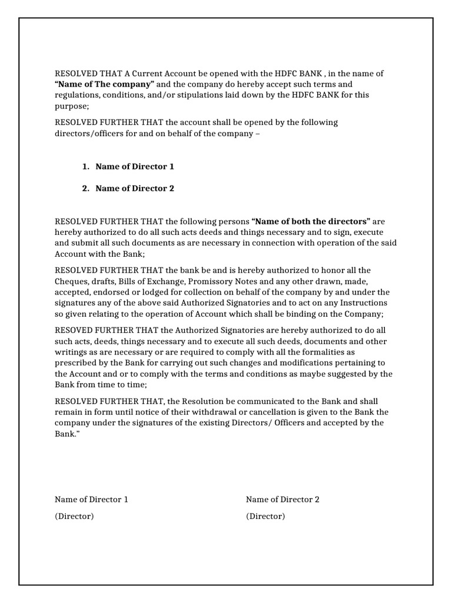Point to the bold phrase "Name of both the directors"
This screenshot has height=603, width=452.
311,221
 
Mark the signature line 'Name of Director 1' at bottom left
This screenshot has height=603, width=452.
91,499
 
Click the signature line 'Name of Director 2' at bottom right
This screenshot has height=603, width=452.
282,499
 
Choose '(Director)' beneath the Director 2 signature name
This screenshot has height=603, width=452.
265,516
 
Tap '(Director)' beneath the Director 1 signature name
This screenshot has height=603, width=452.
74,516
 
